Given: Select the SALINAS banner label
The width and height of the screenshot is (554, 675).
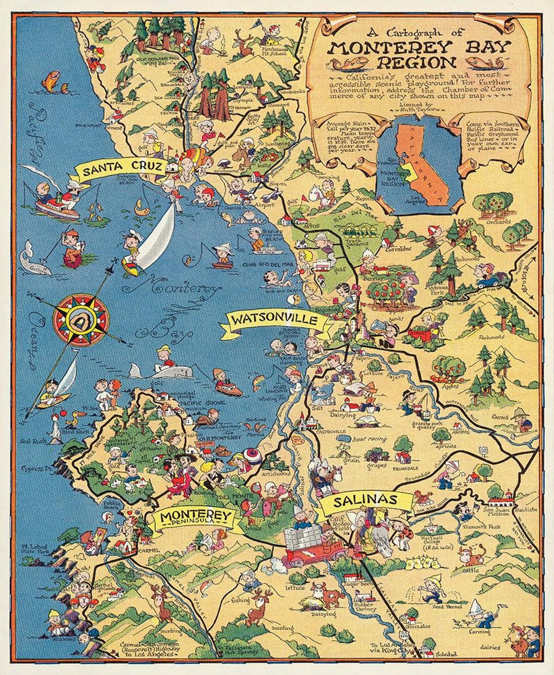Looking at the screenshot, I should [365, 500].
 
